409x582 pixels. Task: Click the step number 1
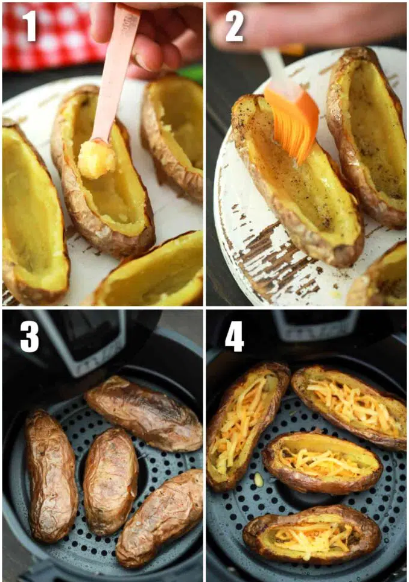pos(30,25)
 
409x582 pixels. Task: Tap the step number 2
pos(234,25)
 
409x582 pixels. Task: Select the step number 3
pos(30,337)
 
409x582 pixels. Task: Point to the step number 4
pos(234,337)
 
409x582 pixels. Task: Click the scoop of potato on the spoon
pos(96,159)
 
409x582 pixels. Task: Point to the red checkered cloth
pos(52,35)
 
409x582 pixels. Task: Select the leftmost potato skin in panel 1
pos(33,212)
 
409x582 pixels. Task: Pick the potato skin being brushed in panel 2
pos(296,182)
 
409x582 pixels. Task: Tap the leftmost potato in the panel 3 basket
pos(51,475)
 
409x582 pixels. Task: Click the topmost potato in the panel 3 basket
pos(144,413)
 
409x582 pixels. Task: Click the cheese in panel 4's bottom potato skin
pos(311,534)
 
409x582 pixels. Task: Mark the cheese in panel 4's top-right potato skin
pos(352,405)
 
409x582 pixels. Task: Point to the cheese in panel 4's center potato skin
pos(323,462)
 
